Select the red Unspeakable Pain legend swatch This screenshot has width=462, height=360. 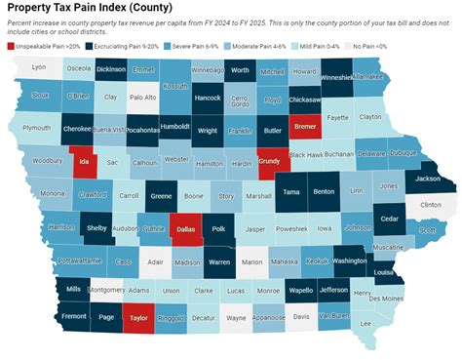pos(12,46)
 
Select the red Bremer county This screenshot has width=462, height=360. pos(305,128)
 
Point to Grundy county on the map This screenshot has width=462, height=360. pos(270,162)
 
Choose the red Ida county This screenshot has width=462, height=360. pos(84,162)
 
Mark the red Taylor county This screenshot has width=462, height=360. pos(138,317)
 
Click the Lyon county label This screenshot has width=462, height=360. pos(39,68)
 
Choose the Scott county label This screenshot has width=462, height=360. pos(427,230)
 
